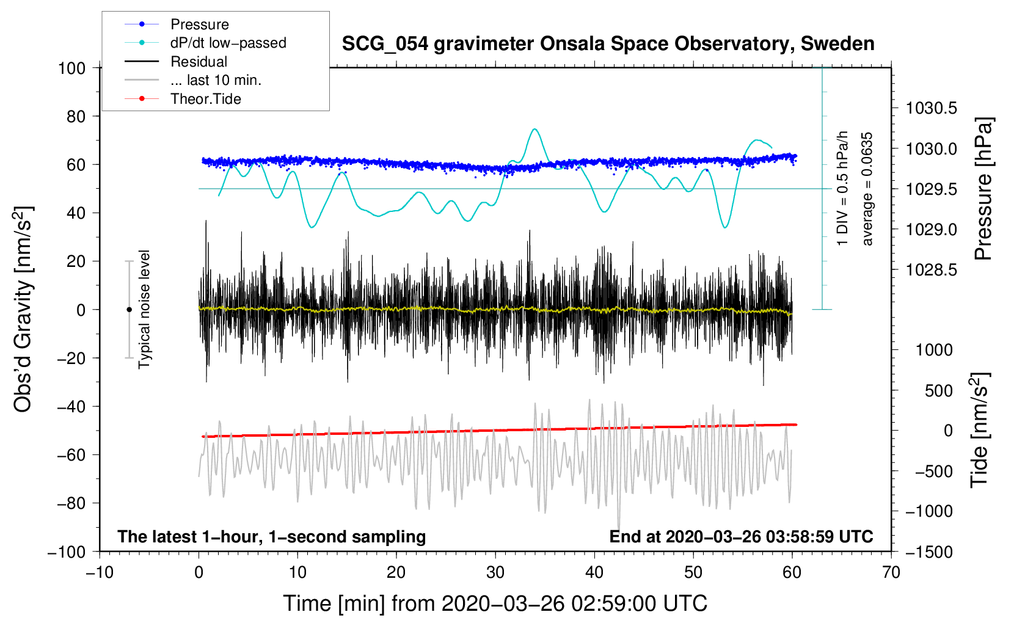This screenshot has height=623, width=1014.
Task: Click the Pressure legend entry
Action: [x=177, y=24]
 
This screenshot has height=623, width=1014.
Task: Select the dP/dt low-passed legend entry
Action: [x=205, y=43]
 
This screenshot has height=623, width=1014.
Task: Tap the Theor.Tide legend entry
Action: [x=183, y=99]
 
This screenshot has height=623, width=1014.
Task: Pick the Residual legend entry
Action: [x=176, y=62]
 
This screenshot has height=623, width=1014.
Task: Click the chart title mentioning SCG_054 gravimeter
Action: [x=608, y=44]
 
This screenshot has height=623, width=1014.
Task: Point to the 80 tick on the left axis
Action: [x=76, y=117]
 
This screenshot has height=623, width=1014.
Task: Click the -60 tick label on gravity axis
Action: [x=71, y=454]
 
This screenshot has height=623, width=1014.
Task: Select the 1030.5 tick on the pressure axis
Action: [x=931, y=108]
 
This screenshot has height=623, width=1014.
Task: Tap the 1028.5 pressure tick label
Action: [x=931, y=270]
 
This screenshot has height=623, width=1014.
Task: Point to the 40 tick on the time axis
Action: [x=594, y=573]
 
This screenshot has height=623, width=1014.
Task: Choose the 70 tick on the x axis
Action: [x=891, y=573]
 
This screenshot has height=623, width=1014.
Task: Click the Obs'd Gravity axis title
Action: [x=23, y=309]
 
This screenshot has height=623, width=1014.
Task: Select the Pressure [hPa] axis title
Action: [x=983, y=189]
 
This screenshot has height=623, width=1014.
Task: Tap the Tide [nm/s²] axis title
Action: [x=980, y=430]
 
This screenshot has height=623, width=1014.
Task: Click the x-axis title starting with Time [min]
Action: [x=495, y=603]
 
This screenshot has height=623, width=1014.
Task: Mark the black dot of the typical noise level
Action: [x=129, y=310]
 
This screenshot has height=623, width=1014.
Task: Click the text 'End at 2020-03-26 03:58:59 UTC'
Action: [x=741, y=536]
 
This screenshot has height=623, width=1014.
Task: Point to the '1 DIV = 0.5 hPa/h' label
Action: [x=842, y=188]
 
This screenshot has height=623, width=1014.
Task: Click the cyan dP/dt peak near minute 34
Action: [x=535, y=129]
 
